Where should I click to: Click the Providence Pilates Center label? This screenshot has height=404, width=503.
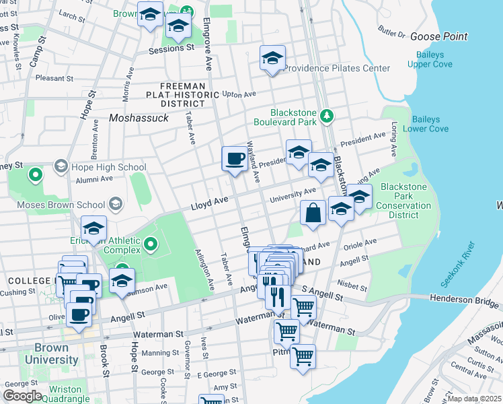(x=337, y=68)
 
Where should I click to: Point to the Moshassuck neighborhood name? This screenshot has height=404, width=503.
(x=137, y=119)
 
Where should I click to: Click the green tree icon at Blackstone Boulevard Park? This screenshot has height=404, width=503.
(x=327, y=116)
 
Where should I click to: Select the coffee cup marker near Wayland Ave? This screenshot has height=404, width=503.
(x=235, y=159)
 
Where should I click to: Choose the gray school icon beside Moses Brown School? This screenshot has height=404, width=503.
(x=116, y=203)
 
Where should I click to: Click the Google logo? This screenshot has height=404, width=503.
(x=22, y=395)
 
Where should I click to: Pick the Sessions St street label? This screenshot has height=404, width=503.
(x=166, y=48)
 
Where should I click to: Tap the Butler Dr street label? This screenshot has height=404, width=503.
(x=392, y=32)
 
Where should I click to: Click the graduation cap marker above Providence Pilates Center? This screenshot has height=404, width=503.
(x=272, y=58)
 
